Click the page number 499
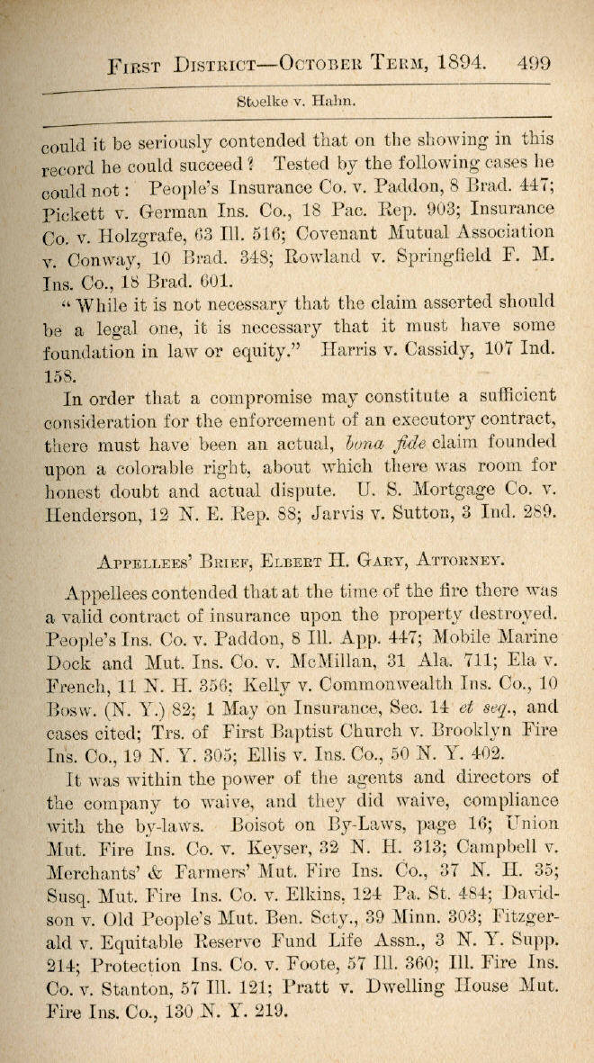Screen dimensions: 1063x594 [x=534, y=64]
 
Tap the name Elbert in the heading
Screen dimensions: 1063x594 [x=292, y=561]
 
